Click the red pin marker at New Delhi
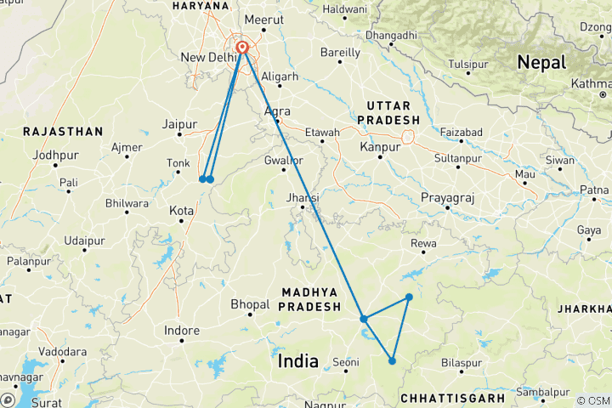pyautogui.click(x=243, y=48)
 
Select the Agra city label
pyautogui.click(x=277, y=111)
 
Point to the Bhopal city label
pyautogui.click(x=250, y=303)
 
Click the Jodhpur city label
pyautogui.click(x=54, y=155)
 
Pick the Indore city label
pyautogui.click(x=182, y=331)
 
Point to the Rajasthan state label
pyautogui.click(x=63, y=132)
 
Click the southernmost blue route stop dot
pyautogui.click(x=392, y=361)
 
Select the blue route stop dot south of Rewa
pyautogui.click(x=409, y=297)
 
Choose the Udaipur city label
pyautogui.click(x=83, y=241)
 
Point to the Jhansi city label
pyautogui.click(x=303, y=198)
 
